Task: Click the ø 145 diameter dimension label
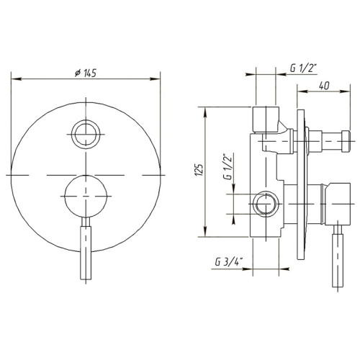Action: coord(86,73)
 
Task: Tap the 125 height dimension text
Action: coord(199,170)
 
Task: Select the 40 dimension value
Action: coord(324,86)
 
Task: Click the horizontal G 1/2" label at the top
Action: coord(304,68)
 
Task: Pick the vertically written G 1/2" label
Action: coord(228,166)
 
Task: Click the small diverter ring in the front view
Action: coord(86,134)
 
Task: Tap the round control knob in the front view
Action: coord(86,197)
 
